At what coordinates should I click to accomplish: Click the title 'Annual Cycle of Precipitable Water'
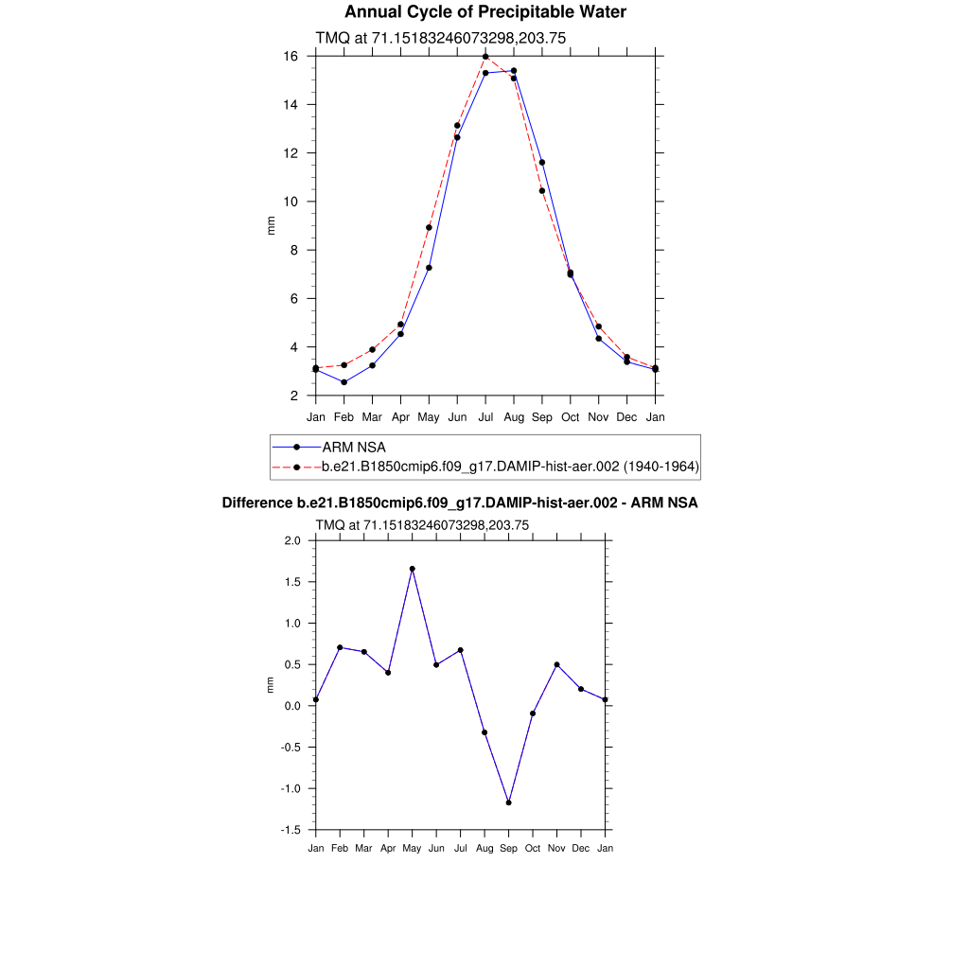[484, 12]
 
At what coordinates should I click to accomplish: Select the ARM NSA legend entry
[354, 447]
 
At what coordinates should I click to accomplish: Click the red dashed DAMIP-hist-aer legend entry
[510, 467]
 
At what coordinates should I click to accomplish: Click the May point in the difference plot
[412, 569]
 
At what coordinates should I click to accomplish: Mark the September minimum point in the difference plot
[509, 802]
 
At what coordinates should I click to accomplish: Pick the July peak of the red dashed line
[485, 57]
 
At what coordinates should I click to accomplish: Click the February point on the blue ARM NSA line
[344, 382]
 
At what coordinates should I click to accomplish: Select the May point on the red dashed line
[429, 227]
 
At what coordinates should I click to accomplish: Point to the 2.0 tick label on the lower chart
[291, 541]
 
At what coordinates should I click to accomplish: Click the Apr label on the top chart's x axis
[400, 416]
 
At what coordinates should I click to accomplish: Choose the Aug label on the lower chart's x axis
[484, 848]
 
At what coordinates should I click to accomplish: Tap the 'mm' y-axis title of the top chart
[271, 225]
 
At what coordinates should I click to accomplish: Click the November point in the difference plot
[557, 664]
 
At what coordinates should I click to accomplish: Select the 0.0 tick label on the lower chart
[291, 706]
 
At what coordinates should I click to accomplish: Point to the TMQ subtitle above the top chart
[440, 38]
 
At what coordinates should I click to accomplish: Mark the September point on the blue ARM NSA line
[542, 162]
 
